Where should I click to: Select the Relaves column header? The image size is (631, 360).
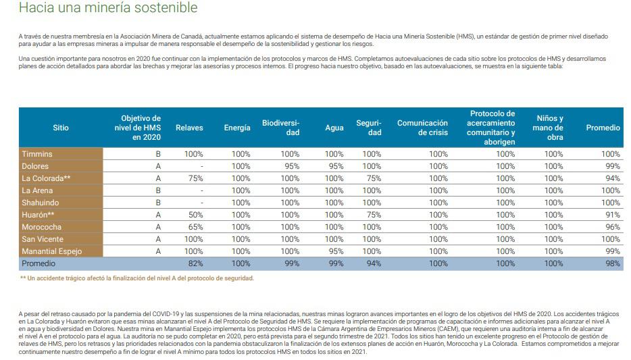[x=189, y=128]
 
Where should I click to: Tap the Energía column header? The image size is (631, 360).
[x=237, y=128]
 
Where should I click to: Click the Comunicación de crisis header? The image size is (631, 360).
[x=422, y=128]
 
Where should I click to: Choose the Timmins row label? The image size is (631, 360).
[x=37, y=154]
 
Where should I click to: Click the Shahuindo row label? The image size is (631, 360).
[x=41, y=203]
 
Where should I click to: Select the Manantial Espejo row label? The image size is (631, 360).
[x=52, y=251]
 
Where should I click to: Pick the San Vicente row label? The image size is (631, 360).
[x=43, y=239]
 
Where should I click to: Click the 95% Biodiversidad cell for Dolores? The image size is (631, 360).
[x=291, y=166]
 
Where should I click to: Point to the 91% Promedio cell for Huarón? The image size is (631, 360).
[x=613, y=215]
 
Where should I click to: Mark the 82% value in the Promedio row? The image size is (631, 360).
[x=196, y=263]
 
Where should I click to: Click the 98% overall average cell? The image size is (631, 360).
[x=613, y=263]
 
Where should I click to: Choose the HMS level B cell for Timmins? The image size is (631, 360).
[x=158, y=154]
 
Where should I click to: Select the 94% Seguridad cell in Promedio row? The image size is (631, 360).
[x=372, y=263]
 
